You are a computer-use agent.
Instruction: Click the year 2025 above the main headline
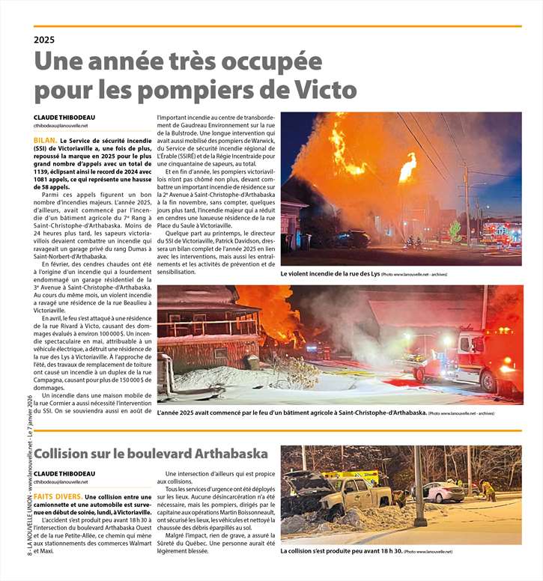point(45,40)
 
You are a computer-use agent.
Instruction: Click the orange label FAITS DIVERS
point(58,496)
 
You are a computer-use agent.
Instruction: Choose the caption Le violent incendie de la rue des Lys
point(330,275)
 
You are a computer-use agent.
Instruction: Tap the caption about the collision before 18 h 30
point(341,552)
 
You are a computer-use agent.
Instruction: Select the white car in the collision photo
point(443,492)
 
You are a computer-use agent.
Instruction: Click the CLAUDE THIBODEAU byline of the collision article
point(64,474)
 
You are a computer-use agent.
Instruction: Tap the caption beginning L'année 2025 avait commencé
point(292,413)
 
